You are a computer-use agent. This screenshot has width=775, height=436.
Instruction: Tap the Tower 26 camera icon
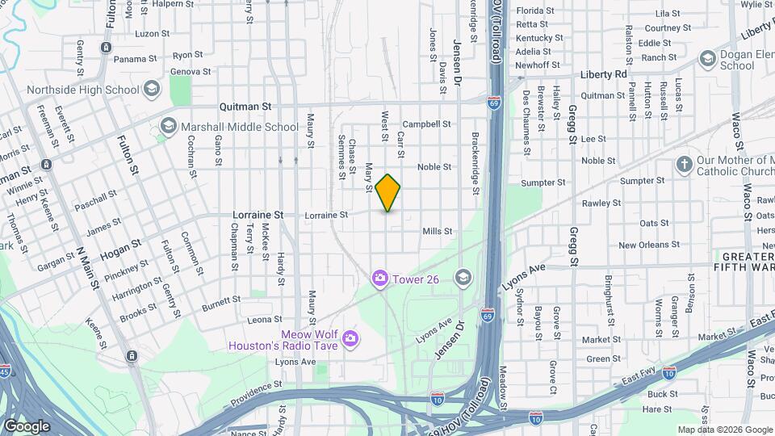pos(379,279)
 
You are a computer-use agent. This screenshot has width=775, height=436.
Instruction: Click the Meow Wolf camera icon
pos(350,337)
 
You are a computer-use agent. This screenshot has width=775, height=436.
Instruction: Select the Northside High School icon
pos(151,90)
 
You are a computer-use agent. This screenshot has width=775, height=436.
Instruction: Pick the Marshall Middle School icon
pos(168,126)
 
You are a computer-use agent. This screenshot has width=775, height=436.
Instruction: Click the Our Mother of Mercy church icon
pos(685,165)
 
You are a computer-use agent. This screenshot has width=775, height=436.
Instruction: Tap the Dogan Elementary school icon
pos(707,58)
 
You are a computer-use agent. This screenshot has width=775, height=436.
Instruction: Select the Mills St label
pos(437,231)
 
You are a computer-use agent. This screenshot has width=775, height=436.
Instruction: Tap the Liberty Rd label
pos(603,74)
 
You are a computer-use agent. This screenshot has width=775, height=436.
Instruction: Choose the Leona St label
pos(265,320)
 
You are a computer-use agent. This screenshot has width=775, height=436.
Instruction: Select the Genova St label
pos(191,71)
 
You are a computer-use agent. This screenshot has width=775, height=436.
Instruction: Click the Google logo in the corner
pos(27,426)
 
